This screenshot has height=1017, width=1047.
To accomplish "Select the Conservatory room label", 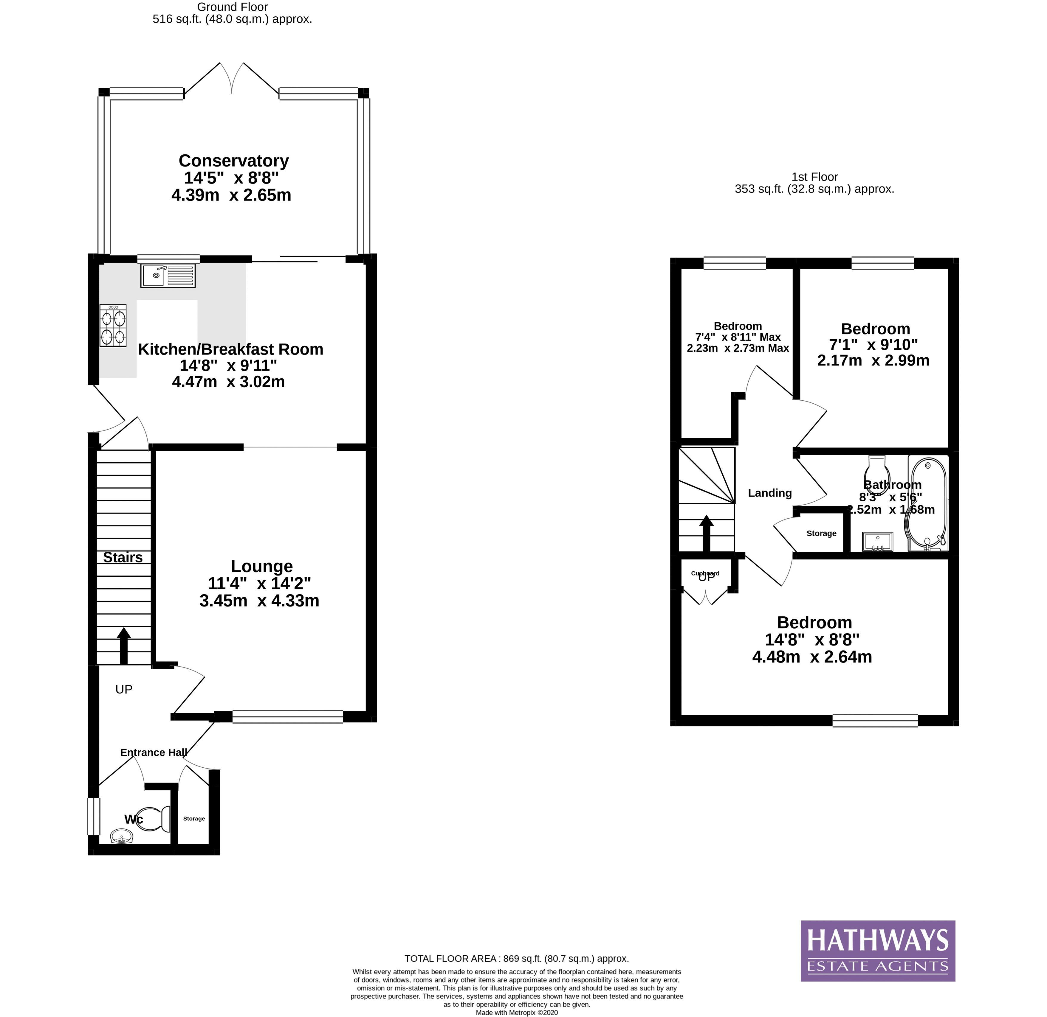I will coord(233,161).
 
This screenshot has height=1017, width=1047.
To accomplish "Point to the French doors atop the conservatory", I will coord(232,80).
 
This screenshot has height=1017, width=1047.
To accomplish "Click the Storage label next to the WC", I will coord(194,818).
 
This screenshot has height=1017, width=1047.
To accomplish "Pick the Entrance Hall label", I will coord(154,752).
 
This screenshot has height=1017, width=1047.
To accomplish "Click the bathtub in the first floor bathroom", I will coord(928,503).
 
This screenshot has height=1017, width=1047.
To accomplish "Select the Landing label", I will coord(770,493).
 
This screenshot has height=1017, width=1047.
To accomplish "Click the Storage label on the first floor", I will coord(821,533).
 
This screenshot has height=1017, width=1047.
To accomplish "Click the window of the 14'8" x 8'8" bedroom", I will coord(875,721).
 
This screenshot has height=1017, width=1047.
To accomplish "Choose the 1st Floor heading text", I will coord(814,177).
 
